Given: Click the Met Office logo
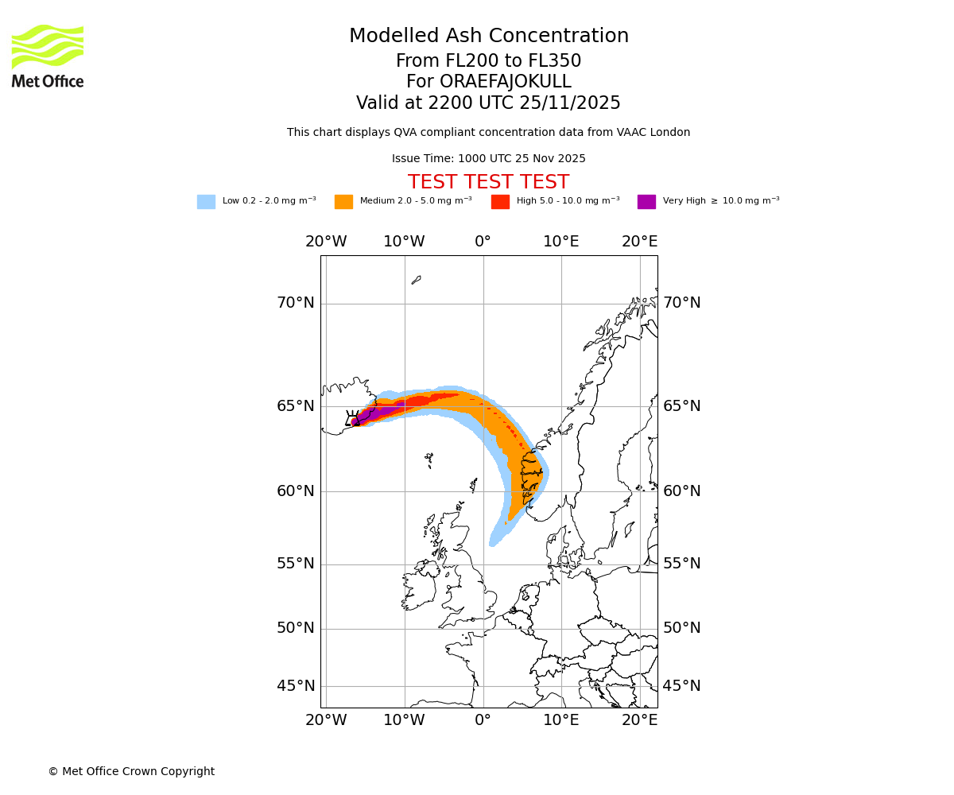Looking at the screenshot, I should [48, 56].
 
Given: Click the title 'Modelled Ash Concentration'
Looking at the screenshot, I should [489, 36].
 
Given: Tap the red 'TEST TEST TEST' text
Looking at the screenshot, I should [488, 182].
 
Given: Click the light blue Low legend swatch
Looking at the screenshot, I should [206, 201].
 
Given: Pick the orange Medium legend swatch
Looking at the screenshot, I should [343, 201].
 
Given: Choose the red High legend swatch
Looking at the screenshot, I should [500, 201].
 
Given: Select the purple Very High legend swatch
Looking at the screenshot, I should [646, 201].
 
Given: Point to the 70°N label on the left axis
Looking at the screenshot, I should [295, 303].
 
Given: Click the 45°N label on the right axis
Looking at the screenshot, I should [682, 686].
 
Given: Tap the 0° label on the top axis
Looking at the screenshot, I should [483, 242].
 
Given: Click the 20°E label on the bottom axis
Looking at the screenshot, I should [639, 720].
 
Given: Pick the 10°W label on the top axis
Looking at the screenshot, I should [404, 242].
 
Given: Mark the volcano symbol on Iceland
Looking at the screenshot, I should [352, 419].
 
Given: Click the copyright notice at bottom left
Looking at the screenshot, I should [131, 771].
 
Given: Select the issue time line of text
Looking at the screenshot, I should [488, 158].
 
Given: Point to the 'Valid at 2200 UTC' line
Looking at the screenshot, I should [488, 103].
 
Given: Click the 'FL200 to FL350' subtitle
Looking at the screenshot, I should [488, 61].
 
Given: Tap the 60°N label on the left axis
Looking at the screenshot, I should [295, 491].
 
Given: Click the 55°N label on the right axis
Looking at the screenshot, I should [682, 564].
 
